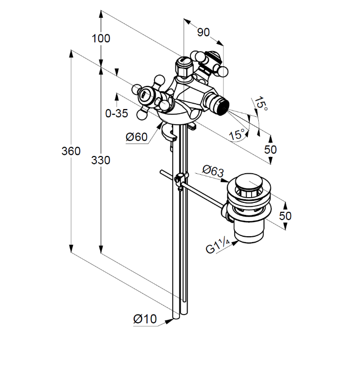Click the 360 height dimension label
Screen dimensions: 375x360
click(71, 151)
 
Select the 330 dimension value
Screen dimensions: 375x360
click(101, 160)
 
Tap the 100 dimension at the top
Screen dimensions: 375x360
click(101, 38)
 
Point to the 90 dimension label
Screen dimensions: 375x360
click(203, 32)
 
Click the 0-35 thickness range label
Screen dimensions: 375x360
click(116, 113)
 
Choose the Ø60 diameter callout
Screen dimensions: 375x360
click(137, 137)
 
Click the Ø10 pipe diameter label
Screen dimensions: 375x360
click(145, 318)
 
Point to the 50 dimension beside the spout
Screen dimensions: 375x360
click(270, 149)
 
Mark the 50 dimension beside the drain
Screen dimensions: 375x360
click(285, 215)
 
